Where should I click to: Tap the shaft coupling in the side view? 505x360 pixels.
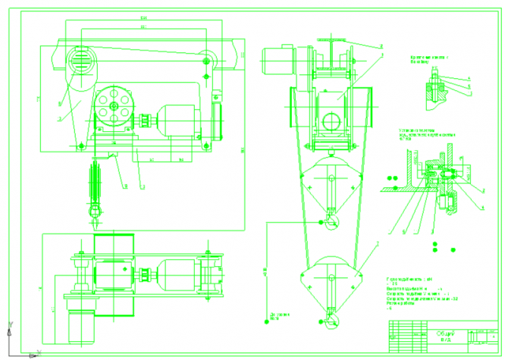click(146, 121)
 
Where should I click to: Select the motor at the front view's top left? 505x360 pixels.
click(278, 59)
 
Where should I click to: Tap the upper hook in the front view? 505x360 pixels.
click(331, 222)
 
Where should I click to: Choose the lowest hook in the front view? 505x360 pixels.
click(331, 322)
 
